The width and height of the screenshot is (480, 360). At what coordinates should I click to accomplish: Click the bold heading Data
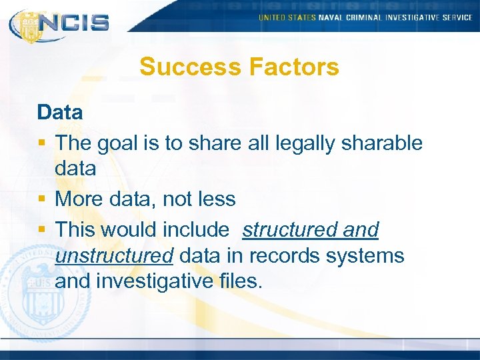pyautogui.click(x=60, y=112)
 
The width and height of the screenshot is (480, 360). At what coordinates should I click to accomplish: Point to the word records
pyautogui.click(x=282, y=255)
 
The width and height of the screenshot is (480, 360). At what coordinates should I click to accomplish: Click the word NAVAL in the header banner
pyautogui.click(x=331, y=17)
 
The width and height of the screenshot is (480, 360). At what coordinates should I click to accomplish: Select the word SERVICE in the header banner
pyautogui.click(x=457, y=17)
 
